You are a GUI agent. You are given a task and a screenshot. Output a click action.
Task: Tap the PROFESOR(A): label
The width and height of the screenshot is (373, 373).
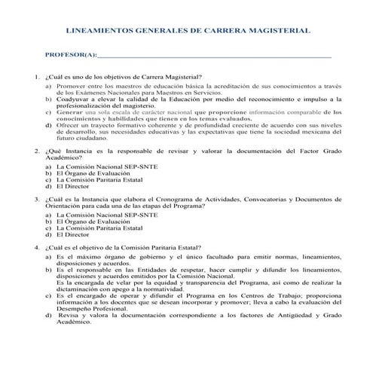tap(72, 56)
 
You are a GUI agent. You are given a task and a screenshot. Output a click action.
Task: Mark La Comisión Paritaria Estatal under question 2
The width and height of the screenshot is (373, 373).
tap(95, 179)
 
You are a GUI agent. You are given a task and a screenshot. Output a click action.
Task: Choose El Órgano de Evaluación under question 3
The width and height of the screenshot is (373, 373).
tap(90, 222)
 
